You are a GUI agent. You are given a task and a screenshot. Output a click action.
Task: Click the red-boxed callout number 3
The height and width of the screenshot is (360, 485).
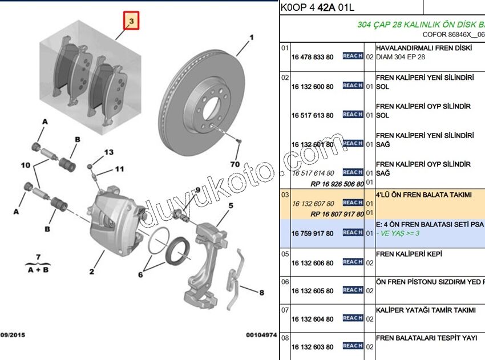[131, 22]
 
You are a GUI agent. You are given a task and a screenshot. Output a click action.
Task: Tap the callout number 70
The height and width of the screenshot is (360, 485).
[235, 164]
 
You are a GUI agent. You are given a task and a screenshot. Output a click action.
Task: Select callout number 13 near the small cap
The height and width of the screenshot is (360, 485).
[108, 152]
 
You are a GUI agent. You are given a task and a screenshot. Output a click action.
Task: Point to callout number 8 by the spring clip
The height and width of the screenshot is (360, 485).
[261, 293]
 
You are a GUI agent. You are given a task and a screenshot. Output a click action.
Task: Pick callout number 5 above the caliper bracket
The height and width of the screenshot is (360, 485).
[231, 206]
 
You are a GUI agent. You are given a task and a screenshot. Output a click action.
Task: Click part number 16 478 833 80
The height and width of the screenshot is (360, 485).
[312, 57]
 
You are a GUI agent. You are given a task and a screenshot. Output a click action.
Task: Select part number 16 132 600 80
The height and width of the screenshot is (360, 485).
[312, 86]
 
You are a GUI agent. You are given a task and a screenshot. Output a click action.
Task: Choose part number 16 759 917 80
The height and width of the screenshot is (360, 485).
[312, 233]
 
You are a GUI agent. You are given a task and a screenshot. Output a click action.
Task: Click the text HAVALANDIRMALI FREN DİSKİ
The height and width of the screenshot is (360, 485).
[424, 48]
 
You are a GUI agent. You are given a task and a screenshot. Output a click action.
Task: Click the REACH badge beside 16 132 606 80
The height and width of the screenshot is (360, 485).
[353, 262]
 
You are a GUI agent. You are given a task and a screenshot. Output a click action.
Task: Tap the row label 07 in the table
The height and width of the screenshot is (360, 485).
[285, 310]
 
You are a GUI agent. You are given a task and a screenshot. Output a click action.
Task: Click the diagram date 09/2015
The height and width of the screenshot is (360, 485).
[12, 335]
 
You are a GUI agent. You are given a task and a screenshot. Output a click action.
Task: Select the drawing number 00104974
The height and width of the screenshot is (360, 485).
[261, 335]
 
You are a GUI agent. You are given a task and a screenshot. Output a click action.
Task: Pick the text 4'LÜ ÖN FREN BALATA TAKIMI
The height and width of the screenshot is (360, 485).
[424, 195]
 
